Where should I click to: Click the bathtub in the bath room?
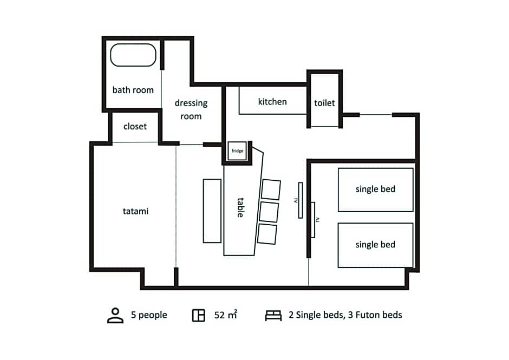point(133,55)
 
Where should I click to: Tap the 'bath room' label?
point(133,90)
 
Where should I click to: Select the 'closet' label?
point(135,126)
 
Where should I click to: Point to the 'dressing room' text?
point(191,109)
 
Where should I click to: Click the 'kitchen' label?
point(272,102)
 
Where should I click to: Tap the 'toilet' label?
point(324,103)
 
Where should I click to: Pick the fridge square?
point(237,150)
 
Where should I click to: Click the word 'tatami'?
point(135,211)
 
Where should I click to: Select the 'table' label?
point(240,207)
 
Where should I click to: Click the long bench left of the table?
point(212,211)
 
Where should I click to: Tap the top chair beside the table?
point(271,189)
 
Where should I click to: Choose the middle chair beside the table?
point(269,212)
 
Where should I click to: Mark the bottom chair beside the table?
point(267,234)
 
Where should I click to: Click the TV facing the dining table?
point(301,200)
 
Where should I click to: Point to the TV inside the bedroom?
point(313,220)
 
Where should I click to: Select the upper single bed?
point(376,189)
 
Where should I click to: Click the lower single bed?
point(376,245)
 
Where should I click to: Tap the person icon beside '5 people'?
point(115,316)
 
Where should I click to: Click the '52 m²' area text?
point(226,315)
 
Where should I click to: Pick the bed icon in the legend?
point(273,316)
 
